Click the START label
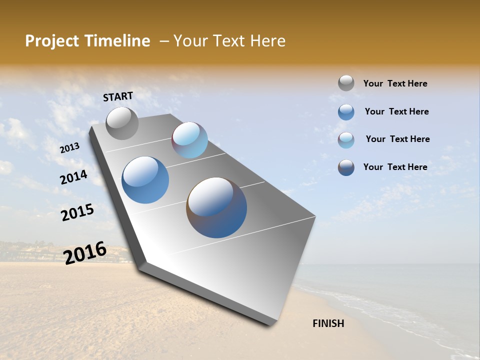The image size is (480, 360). tap(118, 96)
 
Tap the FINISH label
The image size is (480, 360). tap(328, 323)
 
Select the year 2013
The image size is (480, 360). tap(69, 148)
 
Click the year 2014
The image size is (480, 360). tap(73, 177)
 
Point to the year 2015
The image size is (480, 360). tap(77, 212)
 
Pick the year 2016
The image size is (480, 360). tap(85, 252)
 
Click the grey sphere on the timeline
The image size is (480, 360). tap(122, 123)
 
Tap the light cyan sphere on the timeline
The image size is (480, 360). tap(189, 140)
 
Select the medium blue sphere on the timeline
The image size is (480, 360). tap(145, 180)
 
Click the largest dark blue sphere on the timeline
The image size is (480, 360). tap(216, 207)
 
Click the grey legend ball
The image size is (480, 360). tap(346, 83)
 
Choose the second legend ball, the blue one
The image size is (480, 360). tap(346, 112)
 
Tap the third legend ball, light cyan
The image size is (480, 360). tap(346, 140)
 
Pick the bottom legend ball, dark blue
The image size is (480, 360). tap(346, 167)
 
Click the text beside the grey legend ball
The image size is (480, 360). tap(395, 84)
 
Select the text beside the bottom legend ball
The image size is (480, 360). tap(395, 167)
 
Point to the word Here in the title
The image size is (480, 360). tap(267, 41)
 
